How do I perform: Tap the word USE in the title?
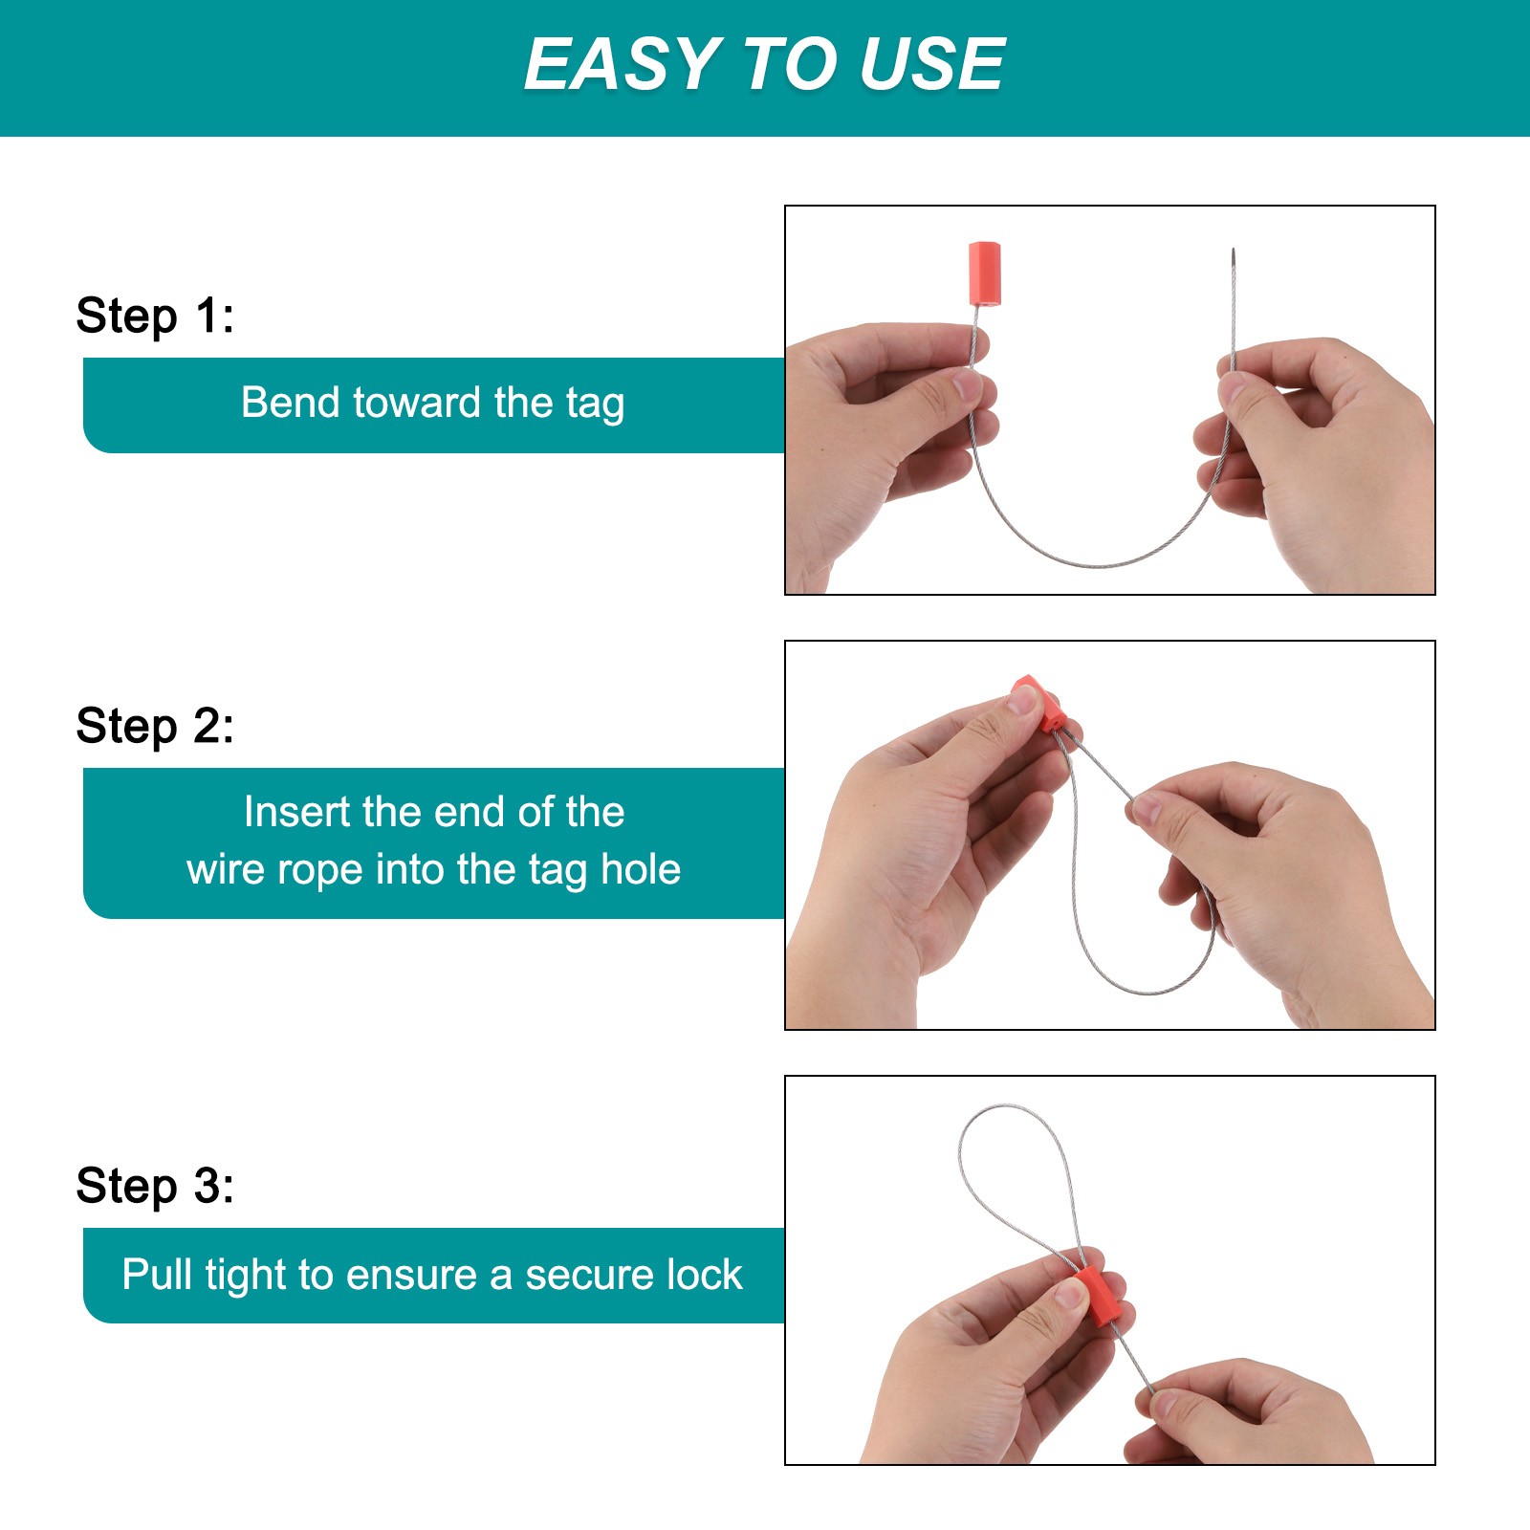click(932, 64)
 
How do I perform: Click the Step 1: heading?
click(155, 316)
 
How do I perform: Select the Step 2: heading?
click(155, 726)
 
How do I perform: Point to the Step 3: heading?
click(155, 1186)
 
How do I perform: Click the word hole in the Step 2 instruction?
click(641, 869)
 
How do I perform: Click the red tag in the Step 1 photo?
click(984, 273)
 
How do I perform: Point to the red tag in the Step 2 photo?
click(1038, 704)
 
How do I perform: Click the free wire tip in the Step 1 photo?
click(1234, 250)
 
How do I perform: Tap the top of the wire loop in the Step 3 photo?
click(1004, 1107)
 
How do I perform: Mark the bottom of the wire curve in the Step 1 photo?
click(1100, 565)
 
